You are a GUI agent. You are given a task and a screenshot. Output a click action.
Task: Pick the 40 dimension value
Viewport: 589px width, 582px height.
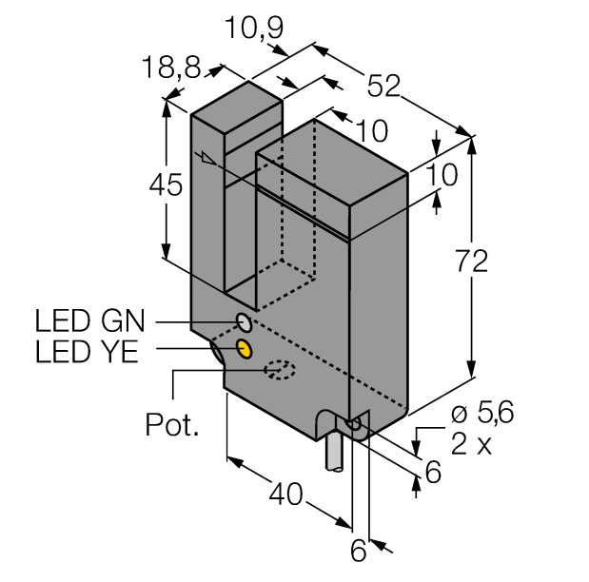pyautogui.click(x=286, y=494)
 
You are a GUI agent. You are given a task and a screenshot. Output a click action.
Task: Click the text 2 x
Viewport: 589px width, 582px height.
pyautogui.click(x=471, y=444)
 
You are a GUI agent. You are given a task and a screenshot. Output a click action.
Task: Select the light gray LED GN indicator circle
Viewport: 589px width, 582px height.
pyautogui.click(x=244, y=320)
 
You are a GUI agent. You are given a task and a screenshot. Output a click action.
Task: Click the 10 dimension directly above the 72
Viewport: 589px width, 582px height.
pyautogui.click(x=442, y=174)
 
